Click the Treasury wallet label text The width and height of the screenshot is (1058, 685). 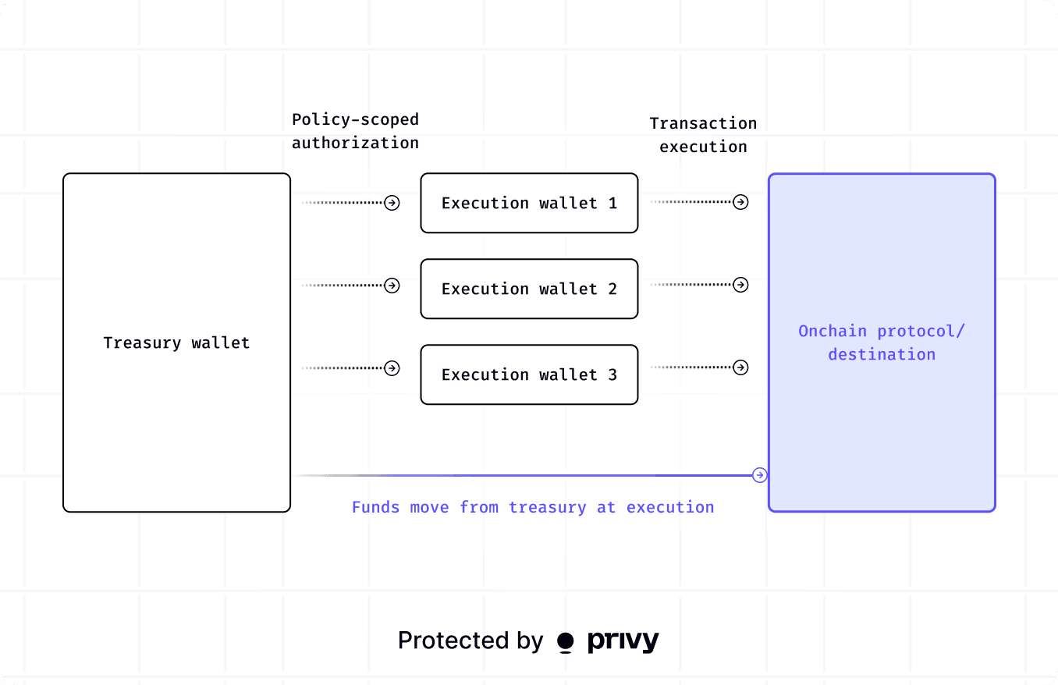pyautogui.click(x=176, y=342)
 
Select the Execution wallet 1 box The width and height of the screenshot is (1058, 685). pyautogui.click(x=529, y=203)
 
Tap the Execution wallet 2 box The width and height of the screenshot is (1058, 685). pyautogui.click(x=529, y=289)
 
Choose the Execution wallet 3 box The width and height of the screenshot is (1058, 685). pyautogui.click(x=529, y=374)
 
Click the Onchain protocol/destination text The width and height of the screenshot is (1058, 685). pyautogui.click(x=882, y=342)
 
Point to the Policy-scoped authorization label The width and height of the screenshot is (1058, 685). pyautogui.click(x=355, y=131)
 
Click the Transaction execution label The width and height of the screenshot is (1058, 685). pyautogui.click(x=703, y=135)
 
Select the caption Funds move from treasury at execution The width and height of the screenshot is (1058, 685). pyautogui.click(x=533, y=507)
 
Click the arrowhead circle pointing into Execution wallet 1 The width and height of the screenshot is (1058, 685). pyautogui.click(x=392, y=203)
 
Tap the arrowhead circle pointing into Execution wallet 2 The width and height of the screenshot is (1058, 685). pyautogui.click(x=392, y=286)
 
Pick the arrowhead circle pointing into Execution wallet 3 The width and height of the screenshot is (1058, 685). pyautogui.click(x=392, y=367)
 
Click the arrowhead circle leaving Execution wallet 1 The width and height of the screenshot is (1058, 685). pyautogui.click(x=741, y=202)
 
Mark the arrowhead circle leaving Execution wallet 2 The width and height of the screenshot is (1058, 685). pyautogui.click(x=741, y=285)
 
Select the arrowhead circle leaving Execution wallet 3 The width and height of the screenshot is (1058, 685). pyautogui.click(x=741, y=367)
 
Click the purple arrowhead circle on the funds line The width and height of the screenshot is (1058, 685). pyautogui.click(x=759, y=475)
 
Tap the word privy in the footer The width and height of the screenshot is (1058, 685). pyautogui.click(x=623, y=641)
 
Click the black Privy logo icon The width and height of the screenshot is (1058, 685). pyautogui.click(x=566, y=642)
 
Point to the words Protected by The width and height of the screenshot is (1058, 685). pyautogui.click(x=470, y=641)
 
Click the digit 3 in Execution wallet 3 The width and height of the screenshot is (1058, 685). pyautogui.click(x=612, y=374)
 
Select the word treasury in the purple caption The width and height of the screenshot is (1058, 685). pyautogui.click(x=547, y=507)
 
